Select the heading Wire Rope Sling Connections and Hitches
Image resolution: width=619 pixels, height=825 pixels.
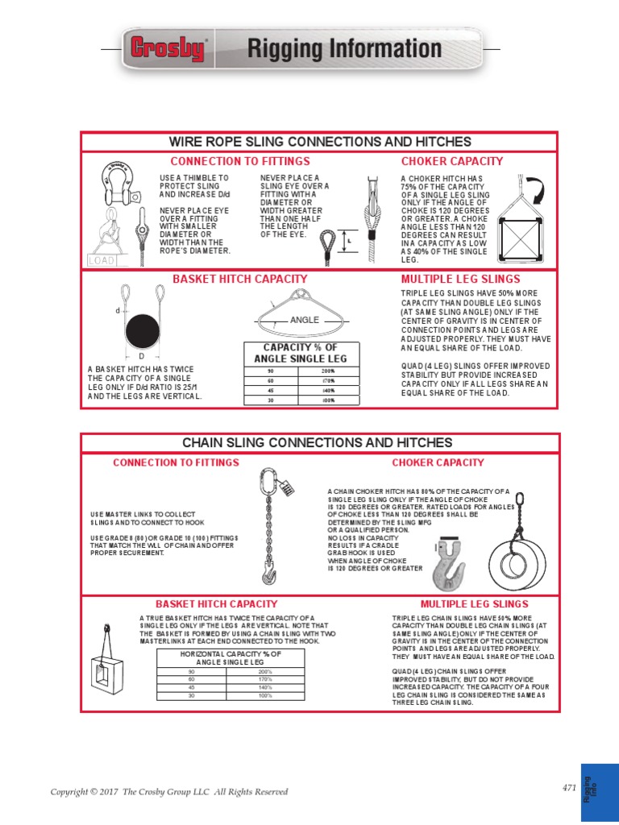320,142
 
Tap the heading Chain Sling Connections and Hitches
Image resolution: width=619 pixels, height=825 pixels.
318,443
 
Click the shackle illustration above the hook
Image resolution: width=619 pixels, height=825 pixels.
118,180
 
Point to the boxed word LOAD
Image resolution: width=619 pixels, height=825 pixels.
102,260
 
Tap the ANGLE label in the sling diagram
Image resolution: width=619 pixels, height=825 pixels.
305,320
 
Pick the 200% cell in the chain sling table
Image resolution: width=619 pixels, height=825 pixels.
265,671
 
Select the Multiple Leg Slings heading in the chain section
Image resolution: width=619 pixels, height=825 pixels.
474,603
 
